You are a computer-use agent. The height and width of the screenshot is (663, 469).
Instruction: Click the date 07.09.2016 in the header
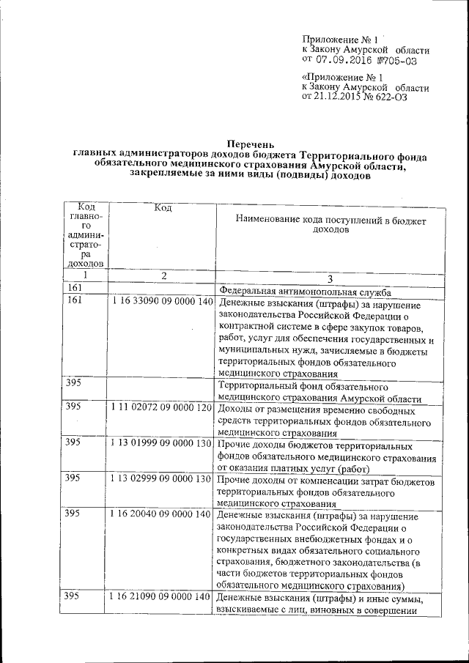tap(346, 61)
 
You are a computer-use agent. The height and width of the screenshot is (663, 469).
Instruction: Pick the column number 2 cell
tap(163, 276)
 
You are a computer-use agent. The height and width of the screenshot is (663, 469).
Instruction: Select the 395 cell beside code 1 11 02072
tap(73, 407)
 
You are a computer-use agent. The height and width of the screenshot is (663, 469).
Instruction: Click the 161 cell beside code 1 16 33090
tap(73, 301)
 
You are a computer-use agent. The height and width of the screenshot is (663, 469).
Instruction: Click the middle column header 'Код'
tap(163, 208)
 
